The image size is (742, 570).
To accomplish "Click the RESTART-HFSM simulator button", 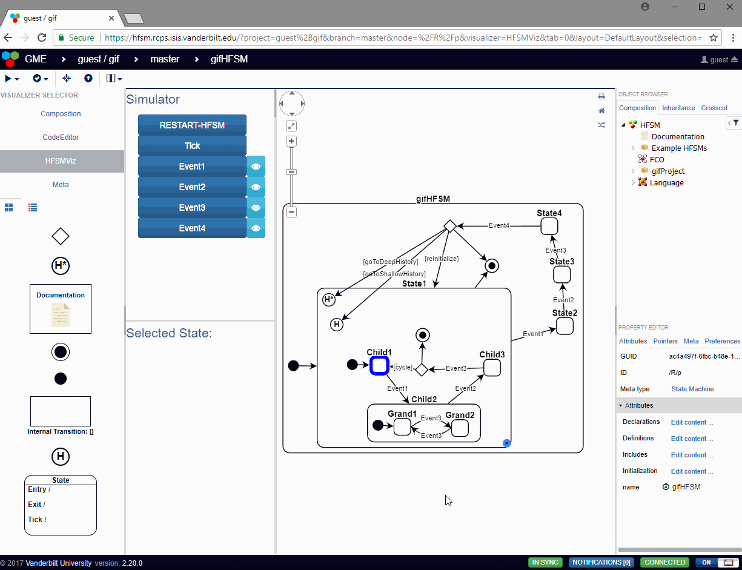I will pyautogui.click(x=192, y=125).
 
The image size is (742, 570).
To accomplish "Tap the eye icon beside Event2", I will pyautogui.click(x=256, y=187).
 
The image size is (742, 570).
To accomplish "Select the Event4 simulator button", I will pyautogui.click(x=192, y=228).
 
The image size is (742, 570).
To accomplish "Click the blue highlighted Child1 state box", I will pyautogui.click(x=379, y=365).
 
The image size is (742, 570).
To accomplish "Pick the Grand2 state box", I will pyautogui.click(x=460, y=428).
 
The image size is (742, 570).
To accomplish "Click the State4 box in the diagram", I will pyautogui.click(x=549, y=226).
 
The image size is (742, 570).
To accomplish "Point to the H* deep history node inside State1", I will pyautogui.click(x=328, y=299).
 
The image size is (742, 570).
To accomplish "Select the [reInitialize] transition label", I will pyautogui.click(x=442, y=259).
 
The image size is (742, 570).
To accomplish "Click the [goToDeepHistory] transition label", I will pyautogui.click(x=390, y=262).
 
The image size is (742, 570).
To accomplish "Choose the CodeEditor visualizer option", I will pyautogui.click(x=61, y=138).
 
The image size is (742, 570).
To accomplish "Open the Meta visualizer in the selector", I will pyautogui.click(x=61, y=185).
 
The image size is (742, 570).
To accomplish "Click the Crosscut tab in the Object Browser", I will pyautogui.click(x=714, y=108).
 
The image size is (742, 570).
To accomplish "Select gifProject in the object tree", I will pyautogui.click(x=668, y=171).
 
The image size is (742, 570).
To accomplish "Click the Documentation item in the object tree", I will pyautogui.click(x=678, y=137).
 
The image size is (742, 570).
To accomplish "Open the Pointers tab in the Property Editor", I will pyautogui.click(x=665, y=341).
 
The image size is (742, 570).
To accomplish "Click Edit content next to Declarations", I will pyautogui.click(x=692, y=422).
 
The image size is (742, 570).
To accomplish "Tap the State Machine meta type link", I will pyautogui.click(x=692, y=389).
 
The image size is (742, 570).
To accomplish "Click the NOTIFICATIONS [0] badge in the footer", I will pyautogui.click(x=601, y=562).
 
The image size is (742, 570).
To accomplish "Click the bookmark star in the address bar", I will pyautogui.click(x=714, y=38).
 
